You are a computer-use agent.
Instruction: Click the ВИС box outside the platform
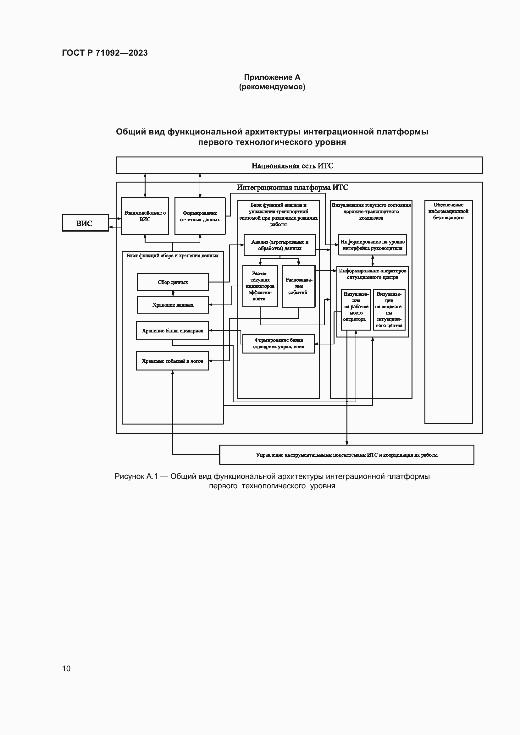[85, 223]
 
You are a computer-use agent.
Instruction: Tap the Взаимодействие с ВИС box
[145, 216]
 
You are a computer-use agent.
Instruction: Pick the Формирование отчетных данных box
[200, 216]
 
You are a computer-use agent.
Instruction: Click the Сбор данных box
[173, 282]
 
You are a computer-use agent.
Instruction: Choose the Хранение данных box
[173, 305]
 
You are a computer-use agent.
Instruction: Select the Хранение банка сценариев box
[172, 331]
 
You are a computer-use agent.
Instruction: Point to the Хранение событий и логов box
[172, 361]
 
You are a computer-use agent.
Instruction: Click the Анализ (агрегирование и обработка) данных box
[279, 245]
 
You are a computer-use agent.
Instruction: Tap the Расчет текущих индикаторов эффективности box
[260, 286]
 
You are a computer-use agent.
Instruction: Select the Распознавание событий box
[298, 286]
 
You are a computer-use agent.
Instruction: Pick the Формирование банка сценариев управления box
[278, 343]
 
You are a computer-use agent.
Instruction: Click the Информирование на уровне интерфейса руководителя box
[372, 245]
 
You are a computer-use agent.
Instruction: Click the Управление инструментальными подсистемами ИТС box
[346, 455]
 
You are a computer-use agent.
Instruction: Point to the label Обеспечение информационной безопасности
[448, 211]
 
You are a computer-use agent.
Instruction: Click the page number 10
[66, 668]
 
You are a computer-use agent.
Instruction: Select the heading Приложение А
[272, 77]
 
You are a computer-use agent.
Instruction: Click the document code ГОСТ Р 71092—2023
[105, 53]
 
